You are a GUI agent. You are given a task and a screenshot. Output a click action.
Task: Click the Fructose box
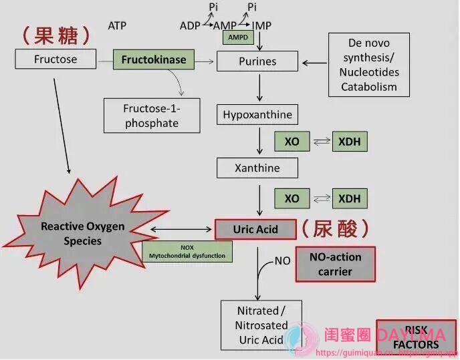click(55, 59)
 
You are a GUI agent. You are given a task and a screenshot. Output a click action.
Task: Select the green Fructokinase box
click(154, 59)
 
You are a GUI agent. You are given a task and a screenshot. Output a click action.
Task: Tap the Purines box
click(257, 61)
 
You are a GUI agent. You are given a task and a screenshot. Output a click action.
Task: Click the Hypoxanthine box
click(257, 114)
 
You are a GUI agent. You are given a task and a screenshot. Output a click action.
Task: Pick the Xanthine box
click(257, 168)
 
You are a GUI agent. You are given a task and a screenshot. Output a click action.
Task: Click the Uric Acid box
click(255, 229)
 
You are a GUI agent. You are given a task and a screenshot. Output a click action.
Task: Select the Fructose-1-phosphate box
click(151, 115)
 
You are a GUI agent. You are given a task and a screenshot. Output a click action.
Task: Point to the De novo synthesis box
click(368, 64)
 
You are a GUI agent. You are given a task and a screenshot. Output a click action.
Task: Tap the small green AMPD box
click(238, 37)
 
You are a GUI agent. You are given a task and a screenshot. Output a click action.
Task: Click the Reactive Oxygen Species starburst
click(82, 233)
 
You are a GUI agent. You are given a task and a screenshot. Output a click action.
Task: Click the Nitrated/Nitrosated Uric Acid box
click(261, 325)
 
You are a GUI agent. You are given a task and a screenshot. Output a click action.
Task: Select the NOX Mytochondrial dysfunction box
click(188, 252)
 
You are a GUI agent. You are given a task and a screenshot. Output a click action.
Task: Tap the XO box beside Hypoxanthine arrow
click(292, 142)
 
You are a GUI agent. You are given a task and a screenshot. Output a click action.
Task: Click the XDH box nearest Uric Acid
click(349, 198)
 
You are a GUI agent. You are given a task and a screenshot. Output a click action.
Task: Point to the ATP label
click(116, 26)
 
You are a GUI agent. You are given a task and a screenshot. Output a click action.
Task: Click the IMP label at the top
click(261, 25)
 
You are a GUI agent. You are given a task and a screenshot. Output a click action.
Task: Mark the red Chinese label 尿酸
click(334, 228)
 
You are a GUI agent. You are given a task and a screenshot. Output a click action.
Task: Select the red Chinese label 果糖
click(56, 35)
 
